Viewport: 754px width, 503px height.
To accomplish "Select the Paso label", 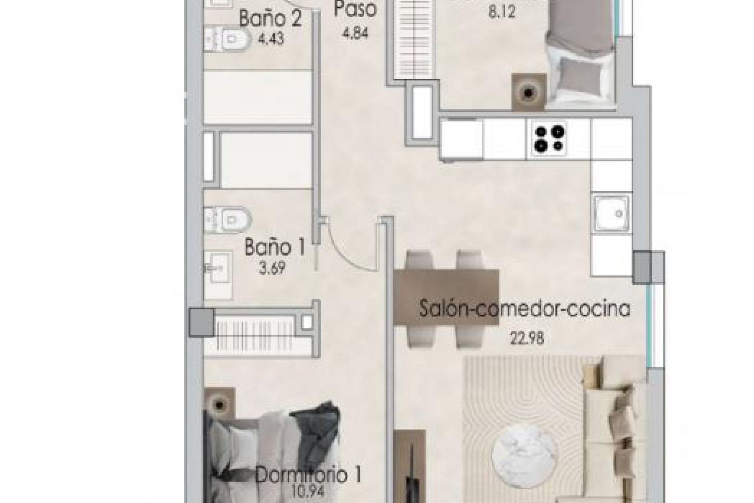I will [x=355, y=10].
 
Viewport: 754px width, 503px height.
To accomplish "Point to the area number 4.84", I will [x=355, y=33].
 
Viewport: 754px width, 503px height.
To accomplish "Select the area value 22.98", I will [x=527, y=338].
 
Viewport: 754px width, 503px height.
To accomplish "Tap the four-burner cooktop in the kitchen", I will [x=549, y=139].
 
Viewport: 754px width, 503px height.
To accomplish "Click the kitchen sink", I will [x=611, y=214].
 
